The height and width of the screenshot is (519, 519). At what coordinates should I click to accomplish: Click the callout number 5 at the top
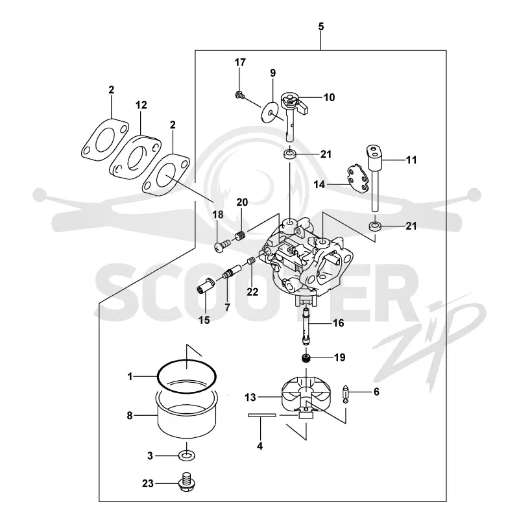click(320, 27)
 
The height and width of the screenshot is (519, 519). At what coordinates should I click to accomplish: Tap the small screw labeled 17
click(239, 95)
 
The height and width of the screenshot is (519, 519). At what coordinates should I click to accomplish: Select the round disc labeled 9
click(270, 112)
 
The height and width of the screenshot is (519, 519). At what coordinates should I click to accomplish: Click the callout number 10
click(329, 97)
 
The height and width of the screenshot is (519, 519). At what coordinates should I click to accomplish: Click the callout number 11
click(411, 160)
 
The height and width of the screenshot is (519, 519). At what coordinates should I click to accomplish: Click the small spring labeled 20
click(241, 236)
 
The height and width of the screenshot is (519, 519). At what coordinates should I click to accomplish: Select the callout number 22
click(252, 291)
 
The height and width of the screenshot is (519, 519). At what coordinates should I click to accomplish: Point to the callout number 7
click(227, 307)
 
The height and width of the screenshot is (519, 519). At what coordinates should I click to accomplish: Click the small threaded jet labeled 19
click(306, 358)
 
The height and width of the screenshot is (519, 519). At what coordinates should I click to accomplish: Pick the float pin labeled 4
click(261, 415)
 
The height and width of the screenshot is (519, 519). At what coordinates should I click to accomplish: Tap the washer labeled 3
click(187, 456)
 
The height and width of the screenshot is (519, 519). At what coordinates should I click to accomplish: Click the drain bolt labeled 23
click(187, 482)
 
